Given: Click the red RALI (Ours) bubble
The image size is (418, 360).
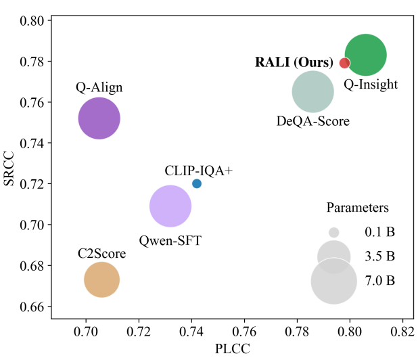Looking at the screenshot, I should (344, 63).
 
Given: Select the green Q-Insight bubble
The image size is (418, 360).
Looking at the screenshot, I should (366, 55).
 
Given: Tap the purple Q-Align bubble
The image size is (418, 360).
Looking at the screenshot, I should (99, 118).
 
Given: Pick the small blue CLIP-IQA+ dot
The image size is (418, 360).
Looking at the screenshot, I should (197, 183).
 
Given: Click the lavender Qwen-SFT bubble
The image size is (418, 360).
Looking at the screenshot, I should (170, 206).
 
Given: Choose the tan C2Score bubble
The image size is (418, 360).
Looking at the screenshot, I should (102, 279).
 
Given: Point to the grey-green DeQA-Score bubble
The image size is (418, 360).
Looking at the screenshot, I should (312, 93).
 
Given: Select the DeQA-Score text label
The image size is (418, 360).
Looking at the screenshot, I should (313, 122).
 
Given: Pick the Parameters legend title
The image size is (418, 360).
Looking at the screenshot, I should (357, 207).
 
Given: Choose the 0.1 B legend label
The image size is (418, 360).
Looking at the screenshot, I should (379, 232).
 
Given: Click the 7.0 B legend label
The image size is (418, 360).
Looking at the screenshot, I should (379, 280).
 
